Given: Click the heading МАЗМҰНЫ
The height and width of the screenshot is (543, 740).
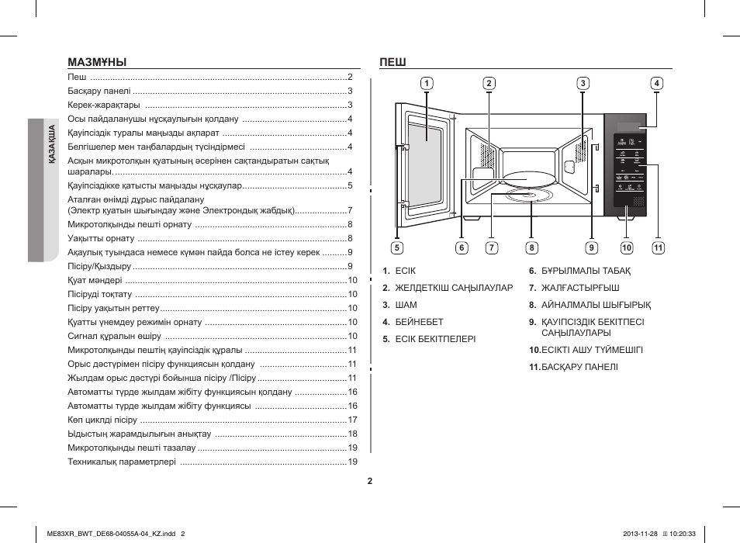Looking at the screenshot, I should click(97, 62).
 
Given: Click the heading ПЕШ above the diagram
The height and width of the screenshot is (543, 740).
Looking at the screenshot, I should click(393, 62).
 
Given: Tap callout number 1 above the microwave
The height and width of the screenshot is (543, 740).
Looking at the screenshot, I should click(427, 84).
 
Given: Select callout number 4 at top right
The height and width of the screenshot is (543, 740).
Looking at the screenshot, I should click(656, 84).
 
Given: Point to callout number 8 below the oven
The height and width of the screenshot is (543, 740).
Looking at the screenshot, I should click(531, 248).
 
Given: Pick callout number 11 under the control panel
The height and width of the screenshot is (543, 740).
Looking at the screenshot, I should click(659, 248).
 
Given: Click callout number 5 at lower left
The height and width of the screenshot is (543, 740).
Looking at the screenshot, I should click(396, 248).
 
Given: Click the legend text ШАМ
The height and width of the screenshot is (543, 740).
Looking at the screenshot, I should click(406, 305).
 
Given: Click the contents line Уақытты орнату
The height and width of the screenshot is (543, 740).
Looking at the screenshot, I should click(101, 238).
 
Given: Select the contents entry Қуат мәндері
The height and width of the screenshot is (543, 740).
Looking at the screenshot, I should click(95, 280).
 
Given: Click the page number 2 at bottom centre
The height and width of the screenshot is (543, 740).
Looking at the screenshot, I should click(370, 481).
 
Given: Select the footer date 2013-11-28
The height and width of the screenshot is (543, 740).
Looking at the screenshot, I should click(641, 532).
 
